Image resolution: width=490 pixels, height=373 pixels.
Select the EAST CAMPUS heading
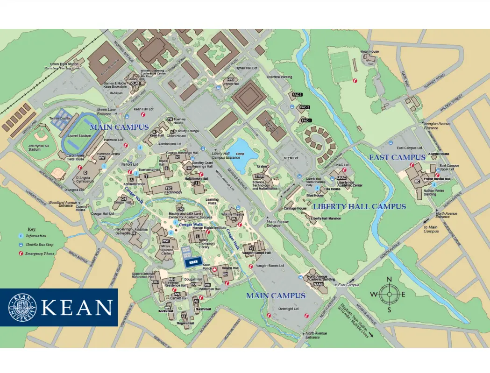397,157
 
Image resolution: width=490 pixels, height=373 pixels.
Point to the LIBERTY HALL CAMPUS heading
359,206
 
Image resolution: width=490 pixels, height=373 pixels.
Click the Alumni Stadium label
78,136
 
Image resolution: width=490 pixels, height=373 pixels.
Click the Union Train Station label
64,64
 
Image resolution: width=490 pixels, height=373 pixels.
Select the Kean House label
370,51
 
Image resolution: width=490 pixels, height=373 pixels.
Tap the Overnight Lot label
288,309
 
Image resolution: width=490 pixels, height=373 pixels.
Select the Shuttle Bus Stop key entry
39,245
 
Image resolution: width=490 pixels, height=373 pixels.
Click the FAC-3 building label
297,95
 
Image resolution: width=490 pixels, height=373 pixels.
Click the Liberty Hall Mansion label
326,218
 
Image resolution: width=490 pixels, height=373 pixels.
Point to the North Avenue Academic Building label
320,279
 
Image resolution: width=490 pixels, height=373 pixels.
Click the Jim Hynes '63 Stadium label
35,148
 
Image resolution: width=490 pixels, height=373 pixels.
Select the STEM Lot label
291,158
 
